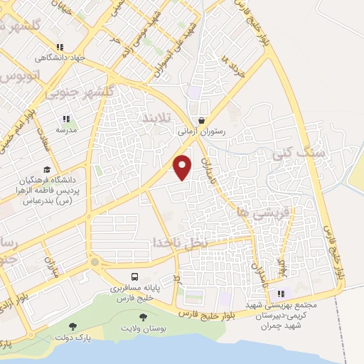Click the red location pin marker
point(183,167)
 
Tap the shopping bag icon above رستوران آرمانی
point(203,120)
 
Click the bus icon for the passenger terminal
point(134,277)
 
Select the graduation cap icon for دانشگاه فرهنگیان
point(47,170)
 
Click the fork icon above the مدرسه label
point(66,119)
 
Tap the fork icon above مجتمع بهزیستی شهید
point(282,293)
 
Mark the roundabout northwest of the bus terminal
point(95,262)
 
